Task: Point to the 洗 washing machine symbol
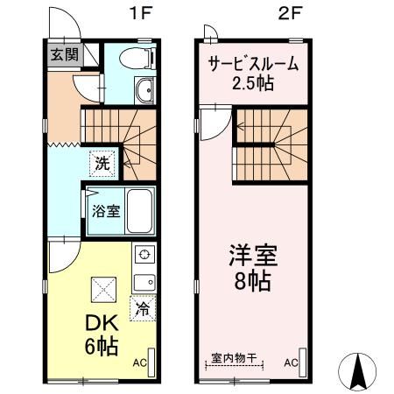tap(102, 162)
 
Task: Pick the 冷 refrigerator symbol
tap(142, 308)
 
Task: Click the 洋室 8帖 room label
tap(252, 269)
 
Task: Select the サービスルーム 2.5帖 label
tap(252, 74)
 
